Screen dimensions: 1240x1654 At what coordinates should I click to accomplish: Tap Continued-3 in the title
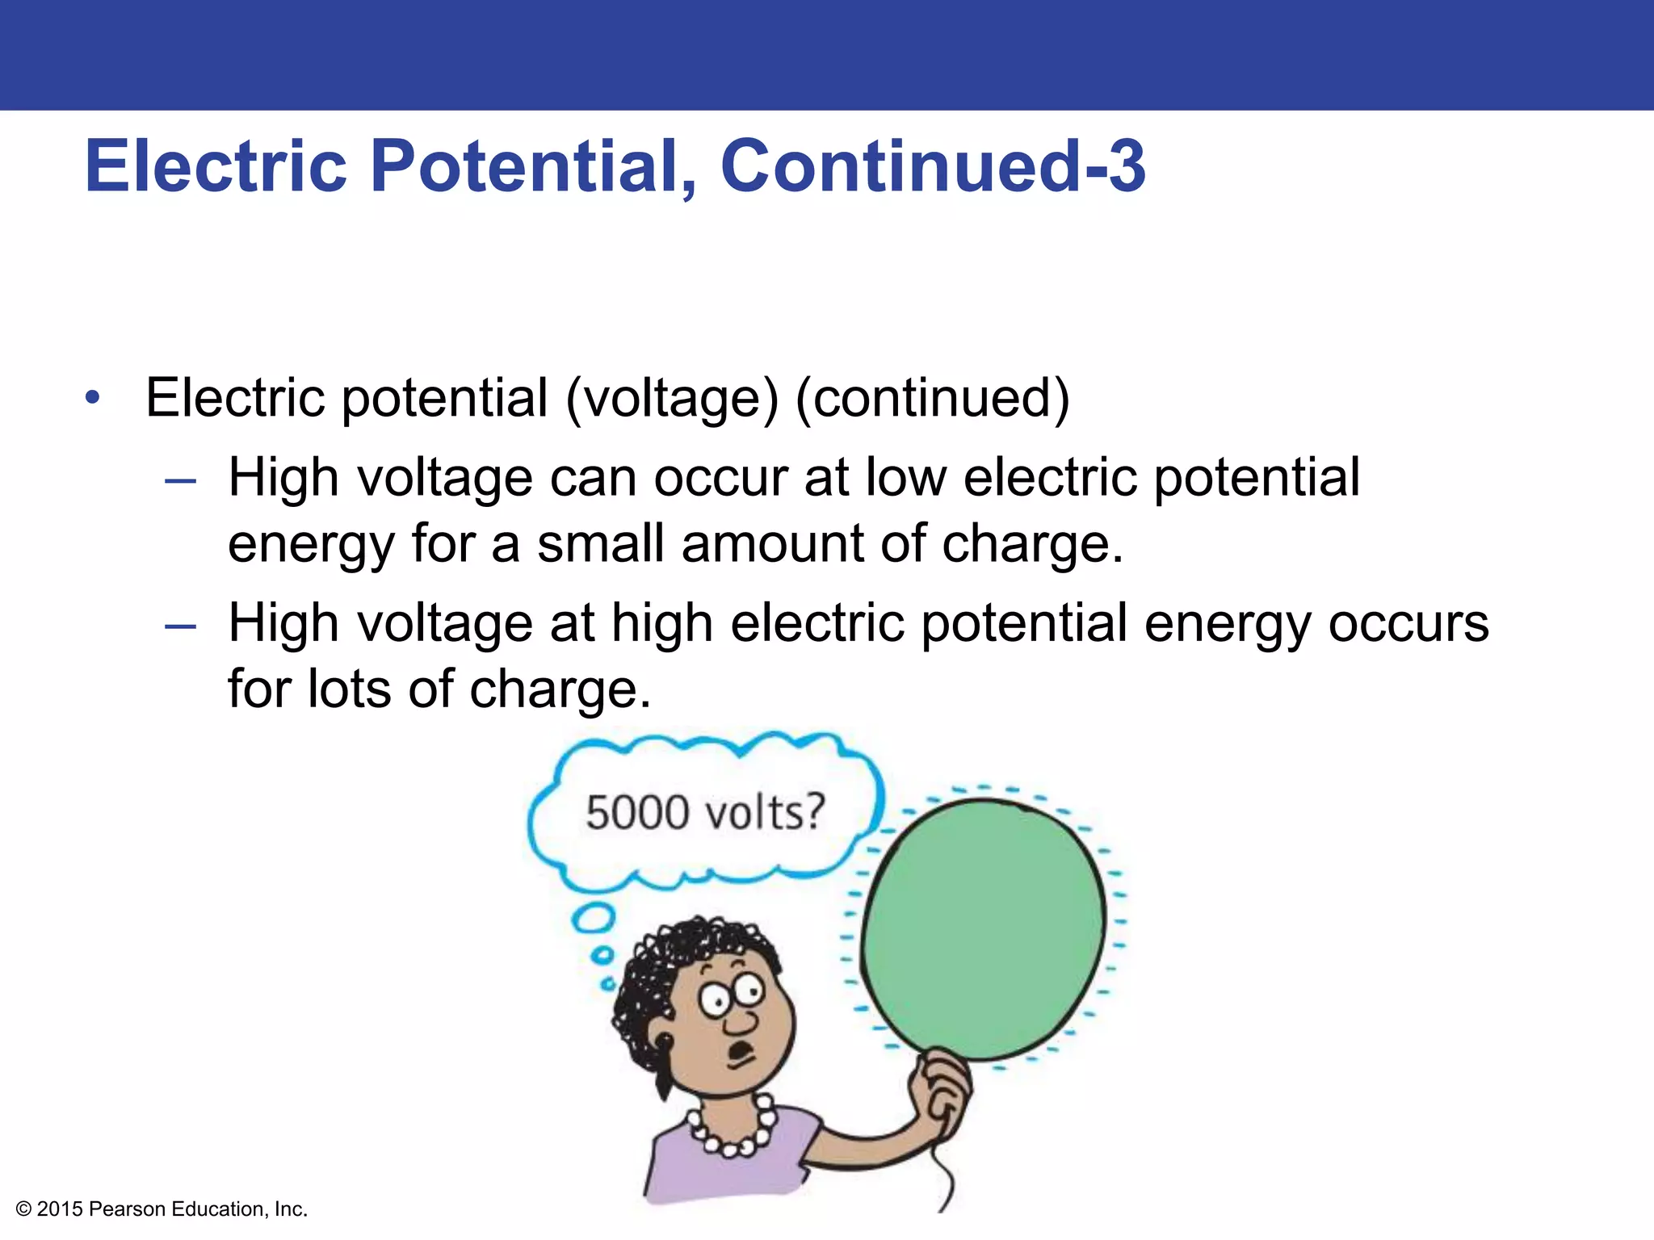coord(932,166)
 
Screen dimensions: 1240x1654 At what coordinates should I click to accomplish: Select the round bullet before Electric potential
coord(94,397)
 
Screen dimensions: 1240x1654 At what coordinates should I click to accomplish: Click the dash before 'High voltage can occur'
coord(180,482)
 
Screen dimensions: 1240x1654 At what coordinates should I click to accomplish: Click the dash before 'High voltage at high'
coord(180,627)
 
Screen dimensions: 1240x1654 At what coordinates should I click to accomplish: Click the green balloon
coord(982,928)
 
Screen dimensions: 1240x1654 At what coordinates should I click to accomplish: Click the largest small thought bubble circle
coord(594,918)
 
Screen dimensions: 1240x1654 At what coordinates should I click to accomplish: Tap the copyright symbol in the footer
coord(23,1209)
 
